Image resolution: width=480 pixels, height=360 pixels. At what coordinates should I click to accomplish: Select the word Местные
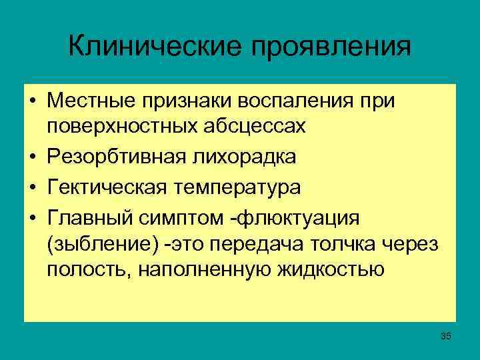[89, 102]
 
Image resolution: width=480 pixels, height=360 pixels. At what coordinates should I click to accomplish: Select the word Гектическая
[103, 188]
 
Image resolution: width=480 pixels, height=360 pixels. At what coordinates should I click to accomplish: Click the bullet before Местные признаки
[31, 102]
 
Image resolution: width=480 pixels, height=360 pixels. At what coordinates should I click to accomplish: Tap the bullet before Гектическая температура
[31, 188]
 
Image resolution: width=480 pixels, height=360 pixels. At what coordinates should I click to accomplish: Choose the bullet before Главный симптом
[31, 218]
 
